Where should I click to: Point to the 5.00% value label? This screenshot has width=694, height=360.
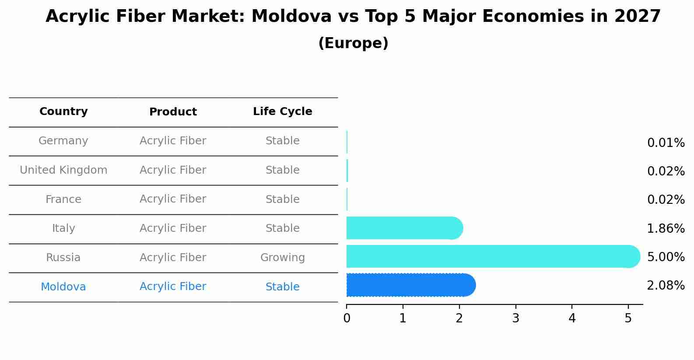tap(666, 257)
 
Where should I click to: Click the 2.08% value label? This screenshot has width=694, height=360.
tap(666, 286)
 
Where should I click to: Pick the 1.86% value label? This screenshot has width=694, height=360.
tap(666, 228)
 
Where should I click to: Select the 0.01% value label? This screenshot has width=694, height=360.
tap(666, 143)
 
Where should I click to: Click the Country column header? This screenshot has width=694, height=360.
tap(63, 112)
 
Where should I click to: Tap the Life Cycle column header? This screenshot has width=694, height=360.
tap(282, 112)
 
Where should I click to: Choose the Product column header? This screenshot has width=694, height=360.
tap(173, 112)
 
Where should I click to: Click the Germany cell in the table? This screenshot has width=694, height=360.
tap(63, 141)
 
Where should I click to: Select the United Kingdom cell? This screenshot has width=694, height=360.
tap(63, 170)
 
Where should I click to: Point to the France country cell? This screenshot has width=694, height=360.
tap(63, 199)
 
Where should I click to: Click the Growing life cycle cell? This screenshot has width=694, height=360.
tap(282, 258)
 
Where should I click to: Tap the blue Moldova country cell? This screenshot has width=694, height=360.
tap(63, 287)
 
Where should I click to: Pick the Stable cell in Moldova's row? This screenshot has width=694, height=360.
tap(282, 287)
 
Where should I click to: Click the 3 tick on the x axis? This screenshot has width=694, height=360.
tap(515, 318)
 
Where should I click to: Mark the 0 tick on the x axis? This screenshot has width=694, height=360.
tap(347, 318)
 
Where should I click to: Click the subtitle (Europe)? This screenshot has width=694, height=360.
tap(353, 43)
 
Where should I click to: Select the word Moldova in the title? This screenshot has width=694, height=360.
tap(291, 17)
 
